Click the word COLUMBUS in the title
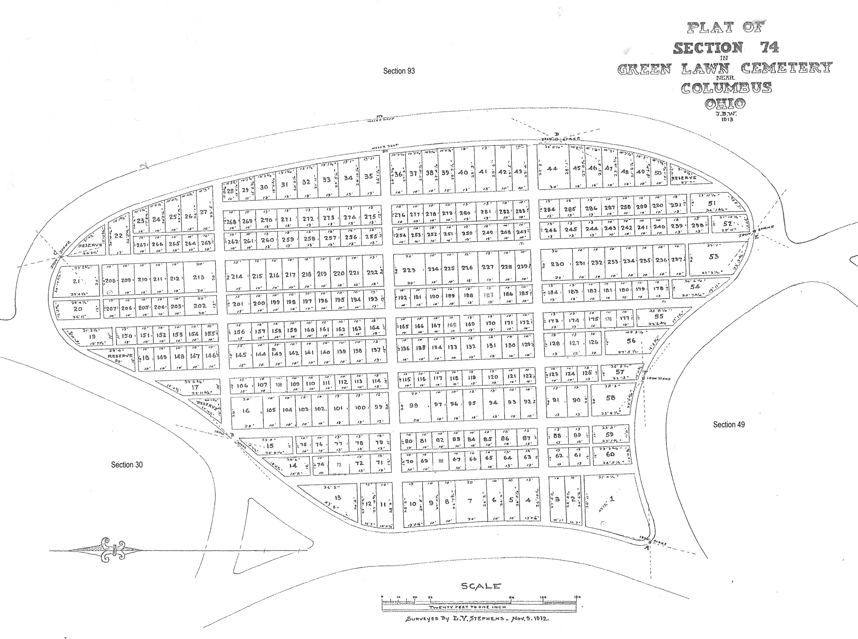[x=726, y=88]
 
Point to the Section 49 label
[x=728, y=424]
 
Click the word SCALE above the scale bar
[x=481, y=586]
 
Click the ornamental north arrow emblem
[x=113, y=550]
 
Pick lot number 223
[x=409, y=270]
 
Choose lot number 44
[x=552, y=168]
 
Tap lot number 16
[x=246, y=410]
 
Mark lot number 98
[x=413, y=405]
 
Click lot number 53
[x=713, y=256]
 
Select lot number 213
[x=198, y=277]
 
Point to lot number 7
[x=470, y=501]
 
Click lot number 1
[x=612, y=499]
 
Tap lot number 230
[x=557, y=264]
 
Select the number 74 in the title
[x=769, y=47]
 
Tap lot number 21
[x=76, y=281]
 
